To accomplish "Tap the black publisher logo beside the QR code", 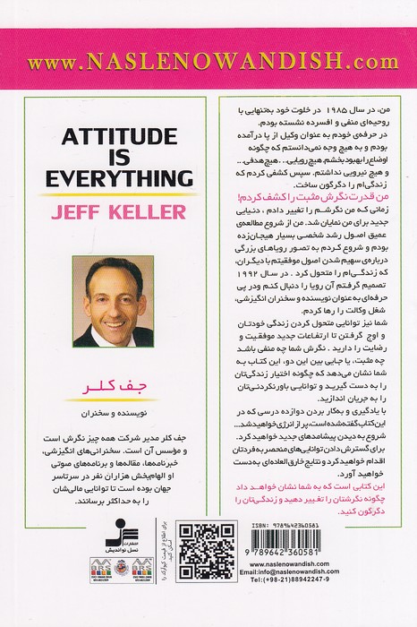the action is (154, 541).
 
